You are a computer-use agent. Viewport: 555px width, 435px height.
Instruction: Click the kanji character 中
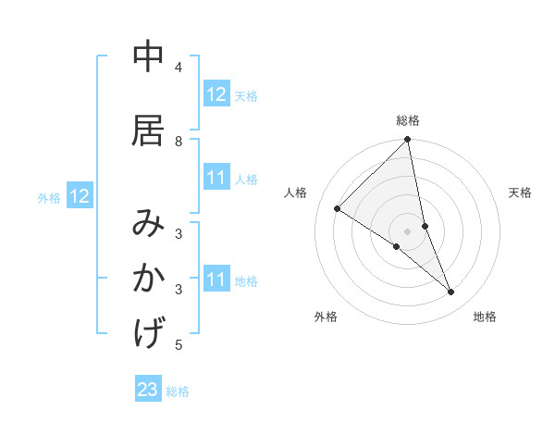pyautogui.click(x=149, y=57)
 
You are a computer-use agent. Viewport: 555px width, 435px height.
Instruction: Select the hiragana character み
pyautogui.click(x=149, y=224)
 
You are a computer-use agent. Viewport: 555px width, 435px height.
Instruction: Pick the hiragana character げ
pyautogui.click(x=149, y=332)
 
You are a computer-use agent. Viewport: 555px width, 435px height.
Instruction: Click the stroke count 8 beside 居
pyautogui.click(x=179, y=141)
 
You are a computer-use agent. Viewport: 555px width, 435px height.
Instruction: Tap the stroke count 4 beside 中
pyautogui.click(x=179, y=68)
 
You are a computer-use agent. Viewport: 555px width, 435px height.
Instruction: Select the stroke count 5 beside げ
pyautogui.click(x=179, y=345)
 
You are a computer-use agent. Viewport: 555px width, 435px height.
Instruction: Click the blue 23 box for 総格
pyautogui.click(x=148, y=390)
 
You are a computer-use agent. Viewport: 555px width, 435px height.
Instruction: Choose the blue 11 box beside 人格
pyautogui.click(x=216, y=178)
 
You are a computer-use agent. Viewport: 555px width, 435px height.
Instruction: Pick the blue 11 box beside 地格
pyautogui.click(x=216, y=280)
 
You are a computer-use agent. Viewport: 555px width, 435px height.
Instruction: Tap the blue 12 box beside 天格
pyautogui.click(x=216, y=94)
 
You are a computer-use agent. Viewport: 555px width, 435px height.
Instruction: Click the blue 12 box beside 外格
pyautogui.click(x=79, y=196)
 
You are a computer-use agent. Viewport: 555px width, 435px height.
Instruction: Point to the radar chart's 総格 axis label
pyautogui.click(x=408, y=120)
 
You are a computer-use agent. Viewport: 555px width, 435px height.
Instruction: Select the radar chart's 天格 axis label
pyautogui.click(x=521, y=193)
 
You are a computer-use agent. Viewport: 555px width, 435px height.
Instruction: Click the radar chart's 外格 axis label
pyautogui.click(x=326, y=317)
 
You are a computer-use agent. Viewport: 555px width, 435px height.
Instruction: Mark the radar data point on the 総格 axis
pyautogui.click(x=408, y=140)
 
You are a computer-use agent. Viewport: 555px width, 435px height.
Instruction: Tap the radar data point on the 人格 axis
pyautogui.click(x=338, y=208)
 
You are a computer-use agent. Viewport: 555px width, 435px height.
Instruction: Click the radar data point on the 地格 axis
pyautogui.click(x=451, y=292)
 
